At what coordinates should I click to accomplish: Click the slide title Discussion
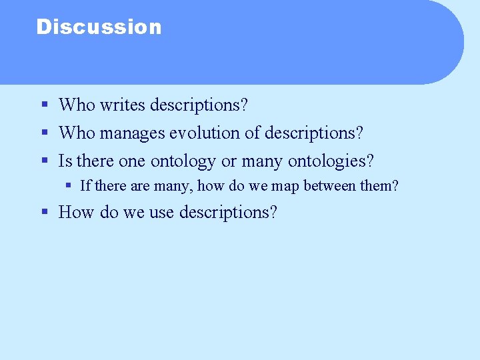(99, 27)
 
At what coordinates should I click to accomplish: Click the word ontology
(183, 161)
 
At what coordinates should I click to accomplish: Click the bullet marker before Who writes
(44, 105)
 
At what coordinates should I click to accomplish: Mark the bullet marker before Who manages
(44, 133)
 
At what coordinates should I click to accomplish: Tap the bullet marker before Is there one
(44, 161)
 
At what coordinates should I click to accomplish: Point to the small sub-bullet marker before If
(68, 185)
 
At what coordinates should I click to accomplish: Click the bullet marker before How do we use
(44, 212)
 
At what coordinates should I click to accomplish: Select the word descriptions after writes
(200, 105)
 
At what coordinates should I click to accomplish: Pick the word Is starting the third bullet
(65, 161)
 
